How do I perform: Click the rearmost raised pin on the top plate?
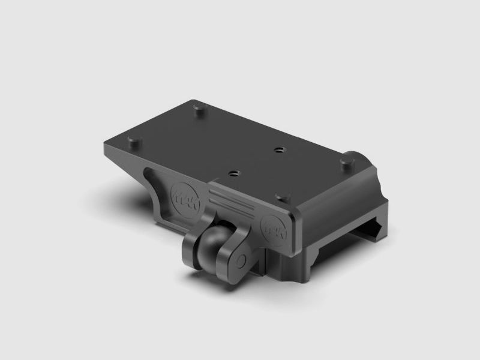click(x=199, y=109)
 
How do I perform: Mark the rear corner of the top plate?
click(x=193, y=100)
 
